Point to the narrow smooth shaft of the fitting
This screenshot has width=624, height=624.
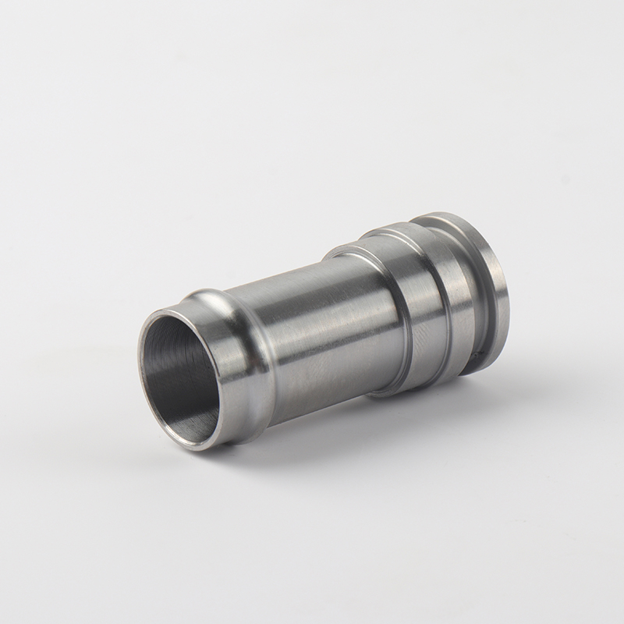click(x=312, y=328)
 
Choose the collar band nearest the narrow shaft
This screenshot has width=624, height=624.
click(x=374, y=312)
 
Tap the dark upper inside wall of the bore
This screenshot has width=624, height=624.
click(x=175, y=335)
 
